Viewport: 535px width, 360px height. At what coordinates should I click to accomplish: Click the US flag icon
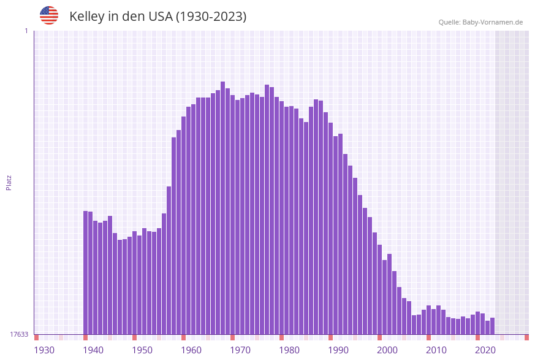49,15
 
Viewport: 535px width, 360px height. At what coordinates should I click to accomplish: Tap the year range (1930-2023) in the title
211,17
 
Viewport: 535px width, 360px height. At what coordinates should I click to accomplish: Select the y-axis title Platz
9,182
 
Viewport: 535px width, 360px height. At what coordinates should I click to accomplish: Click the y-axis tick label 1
26,31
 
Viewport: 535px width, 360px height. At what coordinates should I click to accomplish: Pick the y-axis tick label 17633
19,334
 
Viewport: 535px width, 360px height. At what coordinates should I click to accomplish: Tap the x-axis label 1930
44,350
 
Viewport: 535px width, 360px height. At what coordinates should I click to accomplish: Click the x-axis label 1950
142,350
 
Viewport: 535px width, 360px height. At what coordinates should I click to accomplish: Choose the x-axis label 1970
240,350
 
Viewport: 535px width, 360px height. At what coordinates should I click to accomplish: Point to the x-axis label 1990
338,350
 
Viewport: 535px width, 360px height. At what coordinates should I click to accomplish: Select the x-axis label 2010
436,350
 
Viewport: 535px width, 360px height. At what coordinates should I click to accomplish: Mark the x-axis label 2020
485,350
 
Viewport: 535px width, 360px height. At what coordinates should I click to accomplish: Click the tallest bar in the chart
223,209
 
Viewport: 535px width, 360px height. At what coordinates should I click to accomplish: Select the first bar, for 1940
86,273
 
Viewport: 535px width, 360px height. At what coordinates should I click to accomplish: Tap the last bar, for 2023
493,326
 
